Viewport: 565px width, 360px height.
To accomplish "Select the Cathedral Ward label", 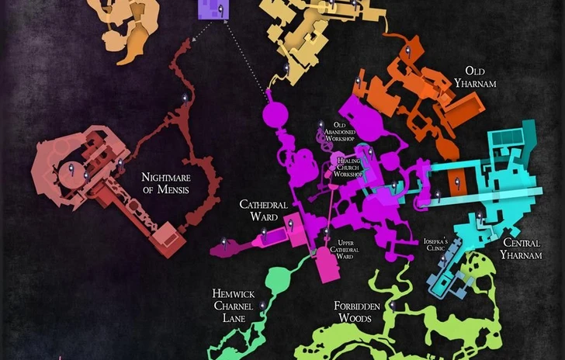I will click(264, 210).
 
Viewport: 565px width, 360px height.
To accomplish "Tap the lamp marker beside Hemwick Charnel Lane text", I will click(263, 306).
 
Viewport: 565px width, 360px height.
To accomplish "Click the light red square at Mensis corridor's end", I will click(165, 236).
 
